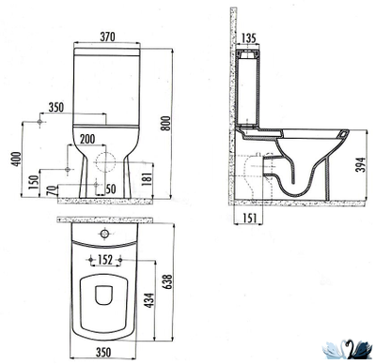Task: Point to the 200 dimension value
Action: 86,140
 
